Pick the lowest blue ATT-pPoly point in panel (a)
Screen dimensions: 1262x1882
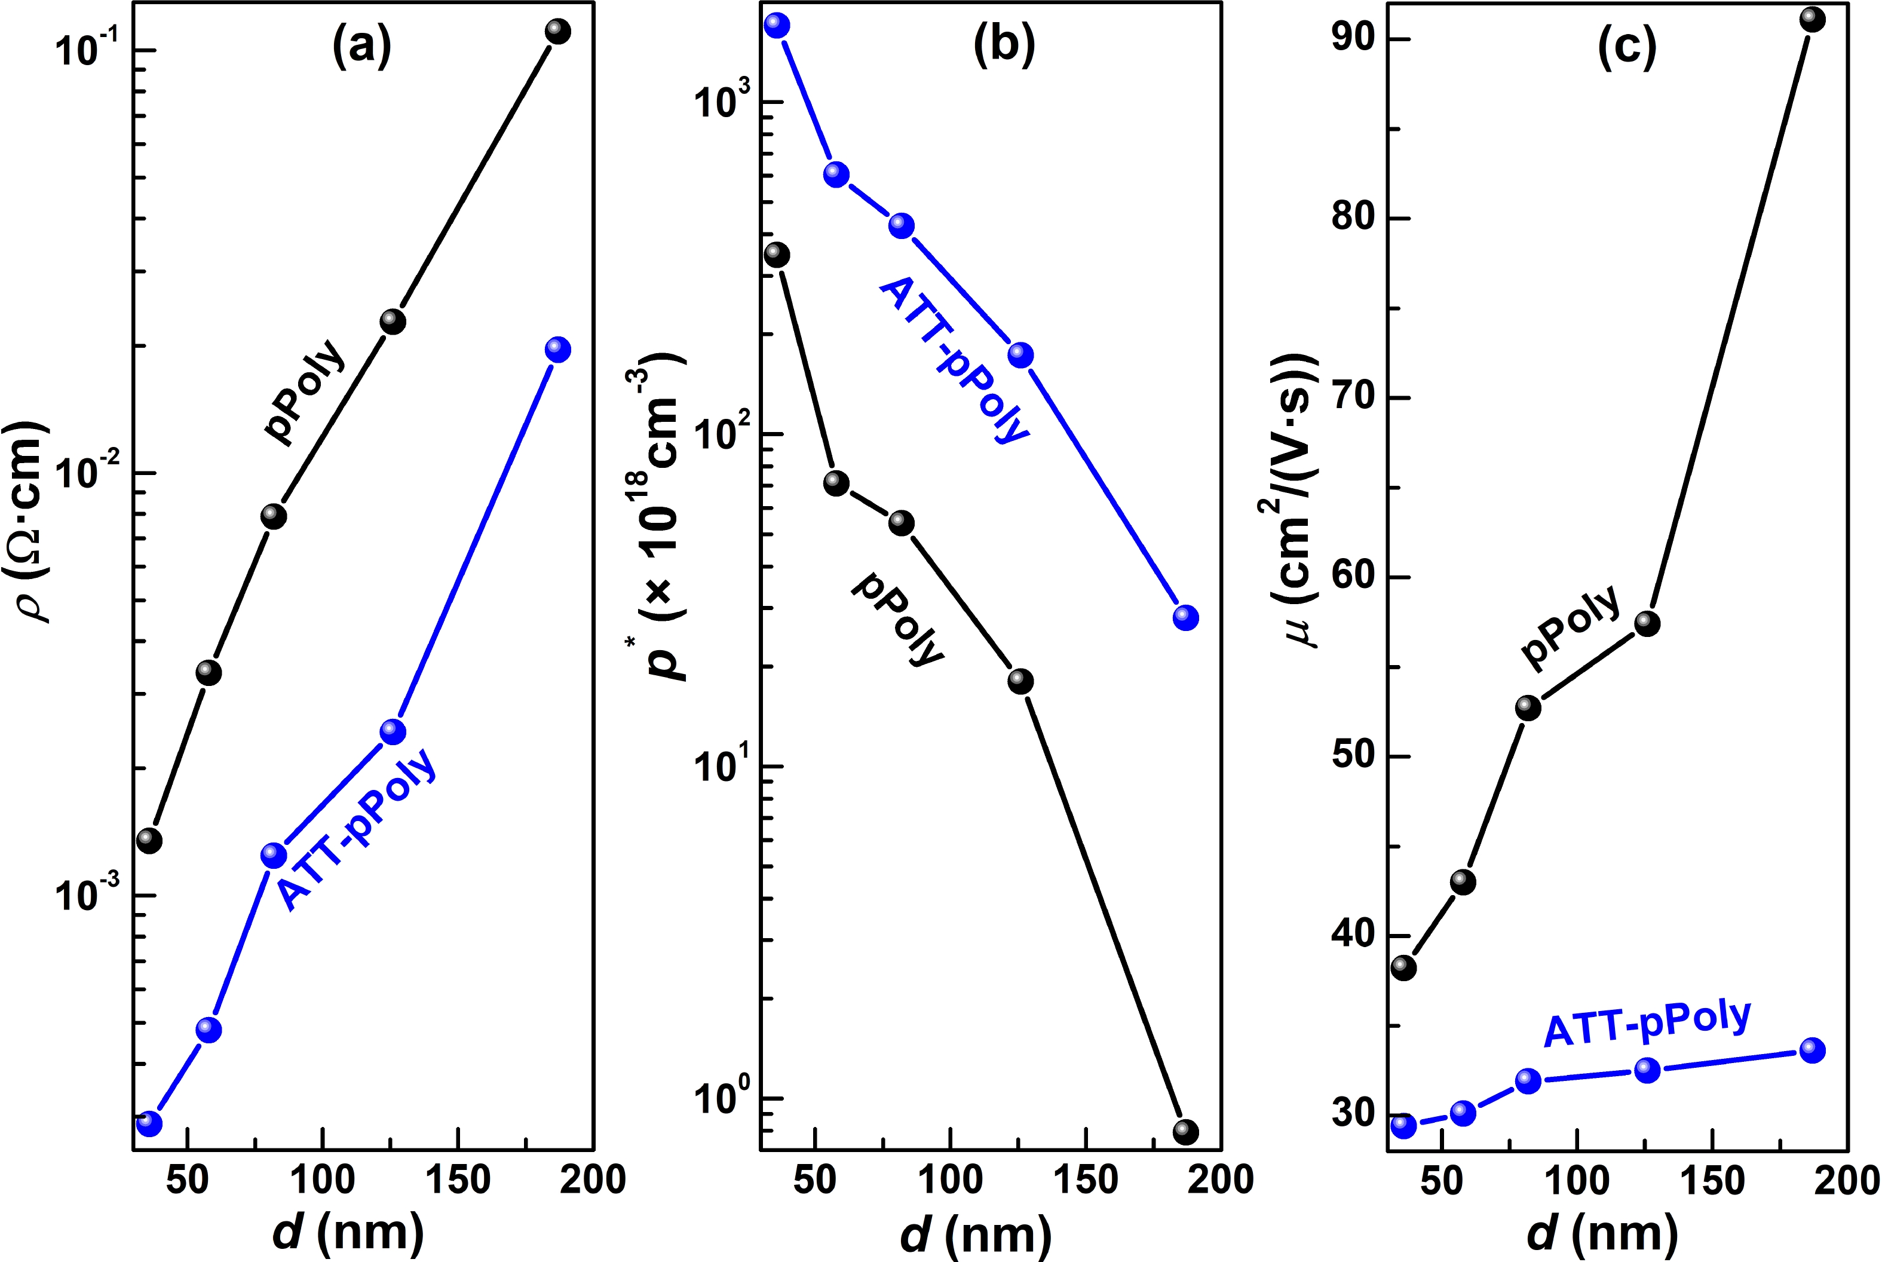149,1123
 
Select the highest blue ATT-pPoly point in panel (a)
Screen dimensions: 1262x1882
557,350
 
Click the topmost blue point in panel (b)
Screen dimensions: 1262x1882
777,25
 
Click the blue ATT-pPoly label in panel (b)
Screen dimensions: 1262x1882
954,360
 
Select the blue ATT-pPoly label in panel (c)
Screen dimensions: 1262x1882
1647,1022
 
